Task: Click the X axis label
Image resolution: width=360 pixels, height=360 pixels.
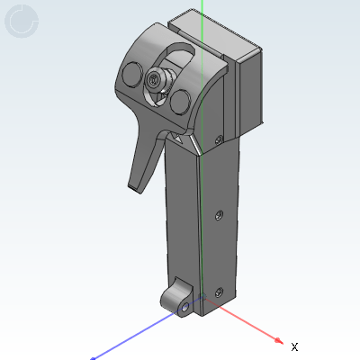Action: tap(294, 346)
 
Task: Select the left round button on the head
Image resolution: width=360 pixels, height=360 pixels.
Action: tap(130, 74)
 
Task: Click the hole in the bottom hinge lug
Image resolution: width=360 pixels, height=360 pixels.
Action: tap(184, 306)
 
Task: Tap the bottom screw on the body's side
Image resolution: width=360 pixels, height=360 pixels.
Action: tap(220, 290)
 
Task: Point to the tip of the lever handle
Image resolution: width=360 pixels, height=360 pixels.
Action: tap(136, 186)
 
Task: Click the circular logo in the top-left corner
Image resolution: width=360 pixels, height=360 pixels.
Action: tap(22, 22)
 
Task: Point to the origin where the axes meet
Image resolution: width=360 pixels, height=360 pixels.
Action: tap(205, 304)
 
